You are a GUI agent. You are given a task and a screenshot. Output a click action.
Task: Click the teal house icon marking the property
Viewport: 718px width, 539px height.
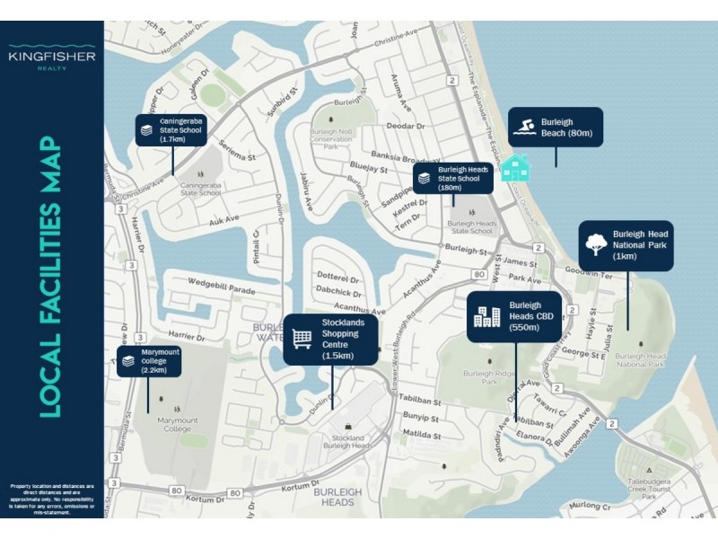[x=514, y=167]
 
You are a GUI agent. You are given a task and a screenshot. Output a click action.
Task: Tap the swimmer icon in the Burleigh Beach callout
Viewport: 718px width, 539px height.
[x=525, y=128]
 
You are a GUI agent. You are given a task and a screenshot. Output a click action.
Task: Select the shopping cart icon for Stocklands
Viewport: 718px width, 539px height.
[x=302, y=339]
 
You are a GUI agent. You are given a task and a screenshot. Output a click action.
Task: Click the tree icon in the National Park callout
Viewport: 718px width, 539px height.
[x=594, y=244]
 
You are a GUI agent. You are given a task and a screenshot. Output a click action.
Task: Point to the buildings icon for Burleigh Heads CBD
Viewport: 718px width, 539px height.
[x=487, y=316]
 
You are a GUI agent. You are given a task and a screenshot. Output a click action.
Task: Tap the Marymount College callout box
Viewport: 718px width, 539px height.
[x=150, y=362]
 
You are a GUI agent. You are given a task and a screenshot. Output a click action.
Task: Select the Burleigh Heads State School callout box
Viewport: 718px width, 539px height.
[x=453, y=178]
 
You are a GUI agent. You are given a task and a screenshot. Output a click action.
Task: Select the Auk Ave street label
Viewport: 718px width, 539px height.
[x=224, y=218]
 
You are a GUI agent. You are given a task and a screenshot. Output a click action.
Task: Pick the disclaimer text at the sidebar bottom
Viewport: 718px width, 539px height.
[x=52, y=499]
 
